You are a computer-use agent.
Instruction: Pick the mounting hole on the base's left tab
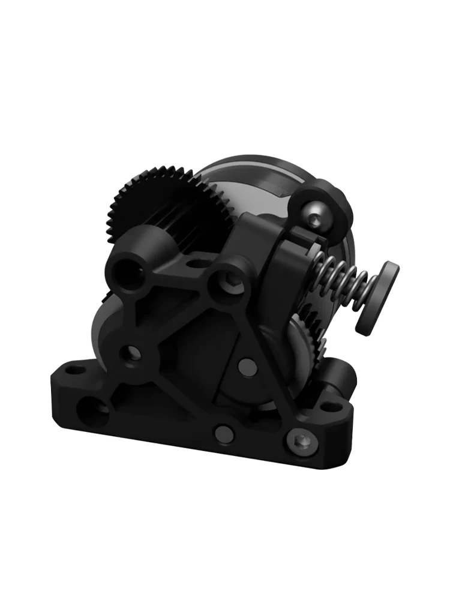tap(74, 370)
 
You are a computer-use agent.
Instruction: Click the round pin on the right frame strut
tap(244, 364)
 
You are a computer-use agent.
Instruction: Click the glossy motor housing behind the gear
tap(252, 180)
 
